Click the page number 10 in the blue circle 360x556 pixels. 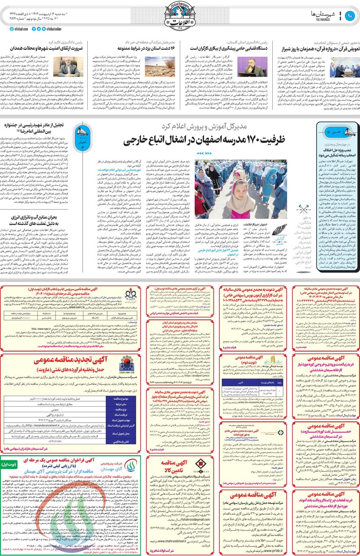pyautogui.click(x=350, y=15)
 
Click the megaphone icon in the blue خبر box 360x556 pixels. pyautogui.click(x=349, y=132)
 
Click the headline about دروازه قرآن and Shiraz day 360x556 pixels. pyautogui.click(x=321, y=48)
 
